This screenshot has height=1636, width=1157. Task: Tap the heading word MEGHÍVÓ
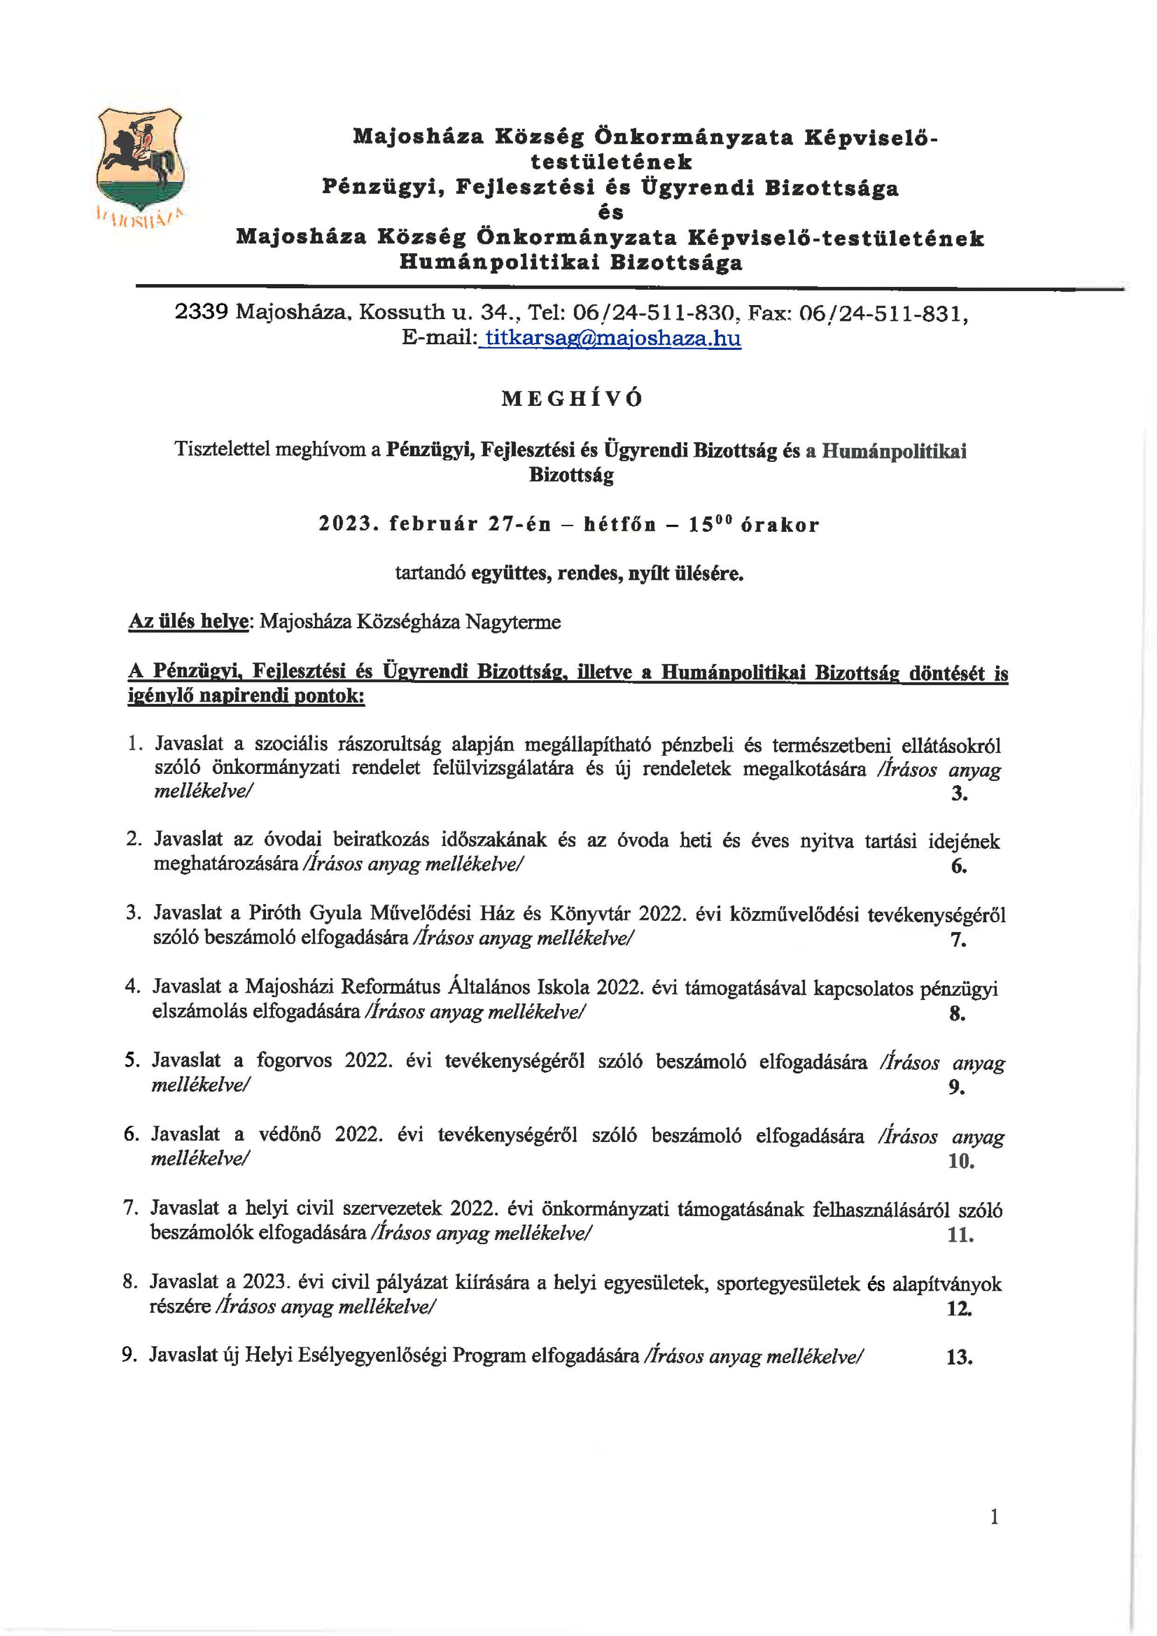572,399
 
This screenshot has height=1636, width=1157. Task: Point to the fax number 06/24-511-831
884,313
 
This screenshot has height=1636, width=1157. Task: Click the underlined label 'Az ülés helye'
188,622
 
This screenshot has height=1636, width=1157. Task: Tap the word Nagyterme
513,622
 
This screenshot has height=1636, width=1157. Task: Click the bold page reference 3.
959,793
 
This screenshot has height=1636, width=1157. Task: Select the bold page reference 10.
961,1162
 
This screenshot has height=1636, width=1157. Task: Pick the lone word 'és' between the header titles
611,212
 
